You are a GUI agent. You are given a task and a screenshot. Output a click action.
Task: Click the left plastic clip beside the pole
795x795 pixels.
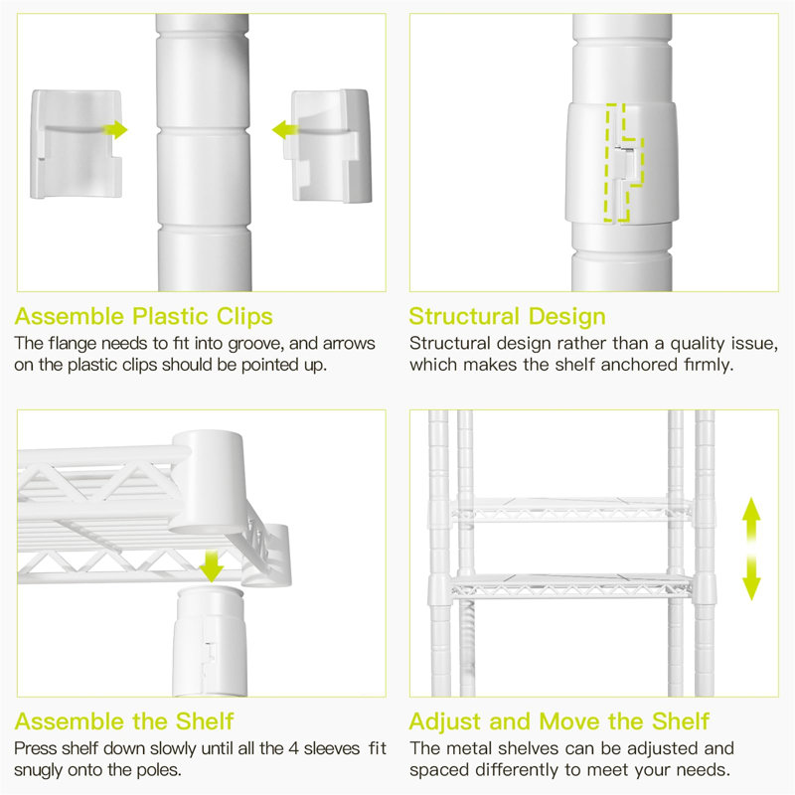coord(76,143)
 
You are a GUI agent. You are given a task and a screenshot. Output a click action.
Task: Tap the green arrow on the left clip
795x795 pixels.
coord(117,129)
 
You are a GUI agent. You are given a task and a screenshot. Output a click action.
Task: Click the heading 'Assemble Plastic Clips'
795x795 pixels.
coord(144,317)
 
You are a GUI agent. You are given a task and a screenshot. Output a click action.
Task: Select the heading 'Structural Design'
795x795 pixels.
coord(507,317)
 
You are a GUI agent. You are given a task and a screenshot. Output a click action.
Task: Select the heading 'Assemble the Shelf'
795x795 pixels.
coord(123,720)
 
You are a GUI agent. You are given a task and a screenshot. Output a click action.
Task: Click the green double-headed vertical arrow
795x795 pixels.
coord(751,549)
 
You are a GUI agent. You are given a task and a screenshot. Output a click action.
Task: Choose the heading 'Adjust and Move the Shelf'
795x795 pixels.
coord(559,720)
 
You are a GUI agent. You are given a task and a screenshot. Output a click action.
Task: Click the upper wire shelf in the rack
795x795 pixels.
coord(571,511)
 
